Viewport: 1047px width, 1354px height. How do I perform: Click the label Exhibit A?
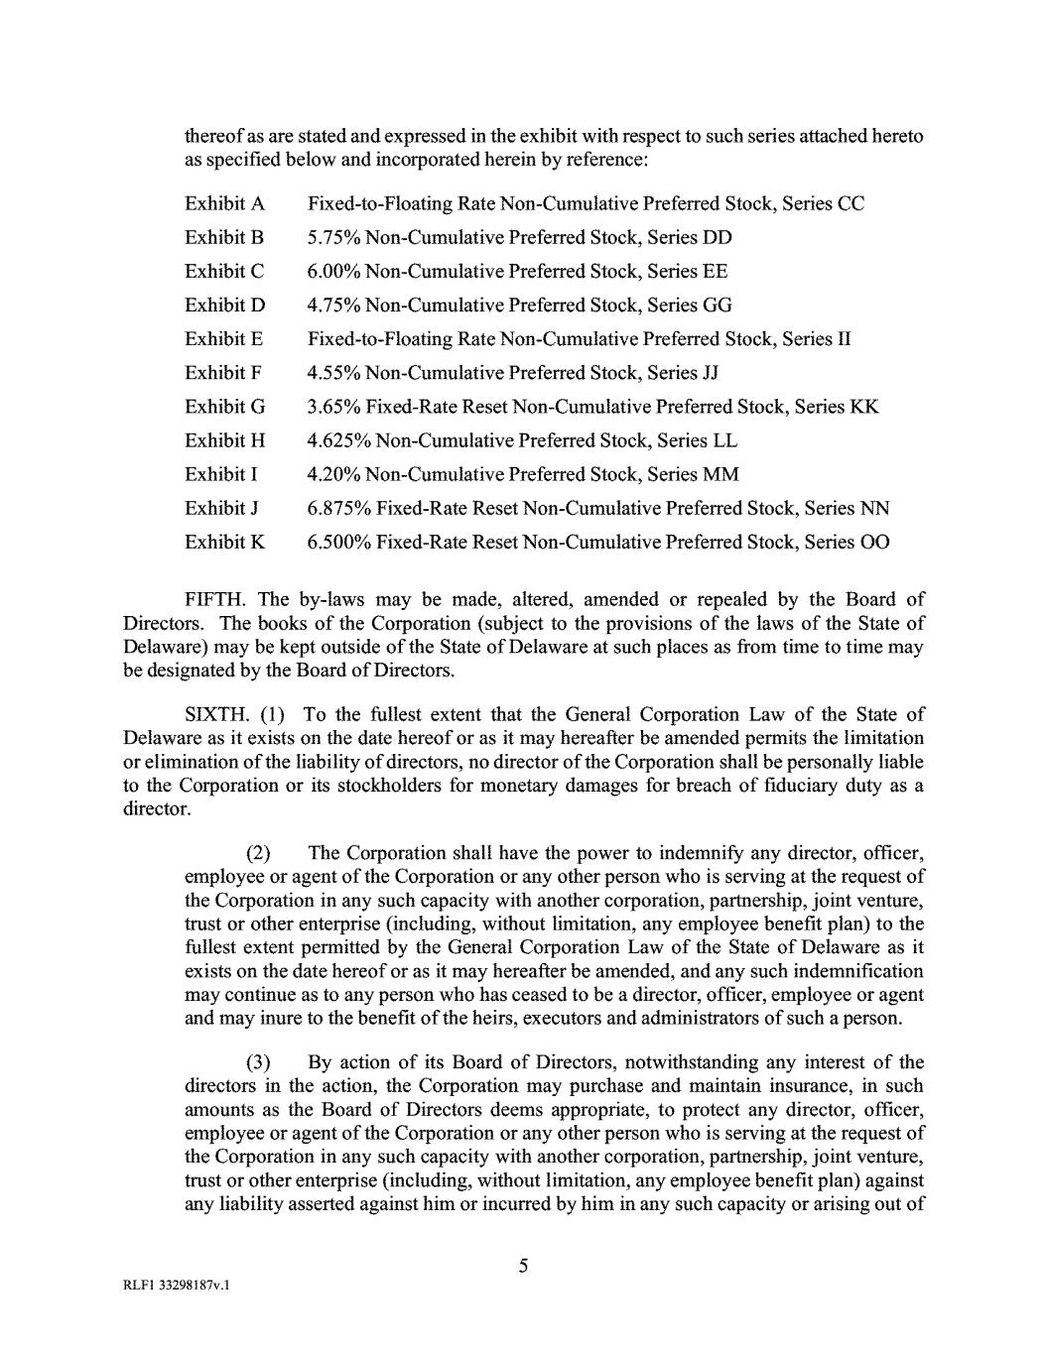(224, 204)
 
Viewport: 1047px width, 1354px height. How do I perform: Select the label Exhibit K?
(224, 543)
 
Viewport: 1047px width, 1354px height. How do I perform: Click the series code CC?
(851, 204)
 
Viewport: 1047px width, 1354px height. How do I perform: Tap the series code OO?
(875, 543)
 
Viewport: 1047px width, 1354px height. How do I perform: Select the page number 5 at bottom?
(523, 1266)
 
